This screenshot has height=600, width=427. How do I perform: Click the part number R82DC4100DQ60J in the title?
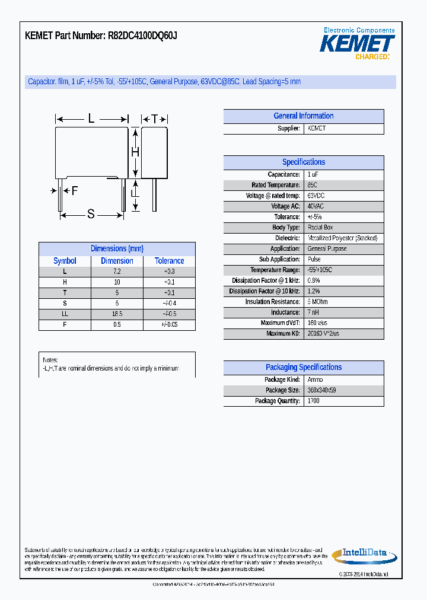click(x=142, y=36)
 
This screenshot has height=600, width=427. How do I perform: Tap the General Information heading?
click(x=303, y=116)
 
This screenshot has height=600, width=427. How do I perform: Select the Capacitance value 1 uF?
click(x=313, y=175)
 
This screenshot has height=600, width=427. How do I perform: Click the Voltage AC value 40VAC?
click(x=316, y=206)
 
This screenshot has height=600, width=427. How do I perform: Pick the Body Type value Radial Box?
click(x=320, y=228)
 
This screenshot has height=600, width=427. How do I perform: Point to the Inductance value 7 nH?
click(x=313, y=312)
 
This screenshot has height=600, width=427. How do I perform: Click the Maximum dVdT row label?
click(x=280, y=323)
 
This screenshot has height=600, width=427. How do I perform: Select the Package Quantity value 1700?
click(x=314, y=401)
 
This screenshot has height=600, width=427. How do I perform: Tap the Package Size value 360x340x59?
click(x=321, y=390)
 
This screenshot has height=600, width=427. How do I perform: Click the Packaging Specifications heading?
click(x=303, y=368)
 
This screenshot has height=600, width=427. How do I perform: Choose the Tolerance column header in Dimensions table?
click(x=169, y=261)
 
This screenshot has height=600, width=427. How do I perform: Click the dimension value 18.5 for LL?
click(x=117, y=314)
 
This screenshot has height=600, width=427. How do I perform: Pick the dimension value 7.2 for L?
click(x=117, y=271)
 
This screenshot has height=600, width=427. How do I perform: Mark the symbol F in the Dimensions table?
click(x=65, y=324)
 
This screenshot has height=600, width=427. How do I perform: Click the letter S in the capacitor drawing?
click(x=91, y=214)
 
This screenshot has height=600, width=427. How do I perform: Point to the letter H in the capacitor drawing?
click(x=135, y=152)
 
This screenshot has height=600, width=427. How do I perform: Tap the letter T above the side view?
click(x=154, y=119)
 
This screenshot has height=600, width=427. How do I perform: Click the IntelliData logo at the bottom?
click(x=359, y=554)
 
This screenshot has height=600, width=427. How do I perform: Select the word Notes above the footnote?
click(x=50, y=360)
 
